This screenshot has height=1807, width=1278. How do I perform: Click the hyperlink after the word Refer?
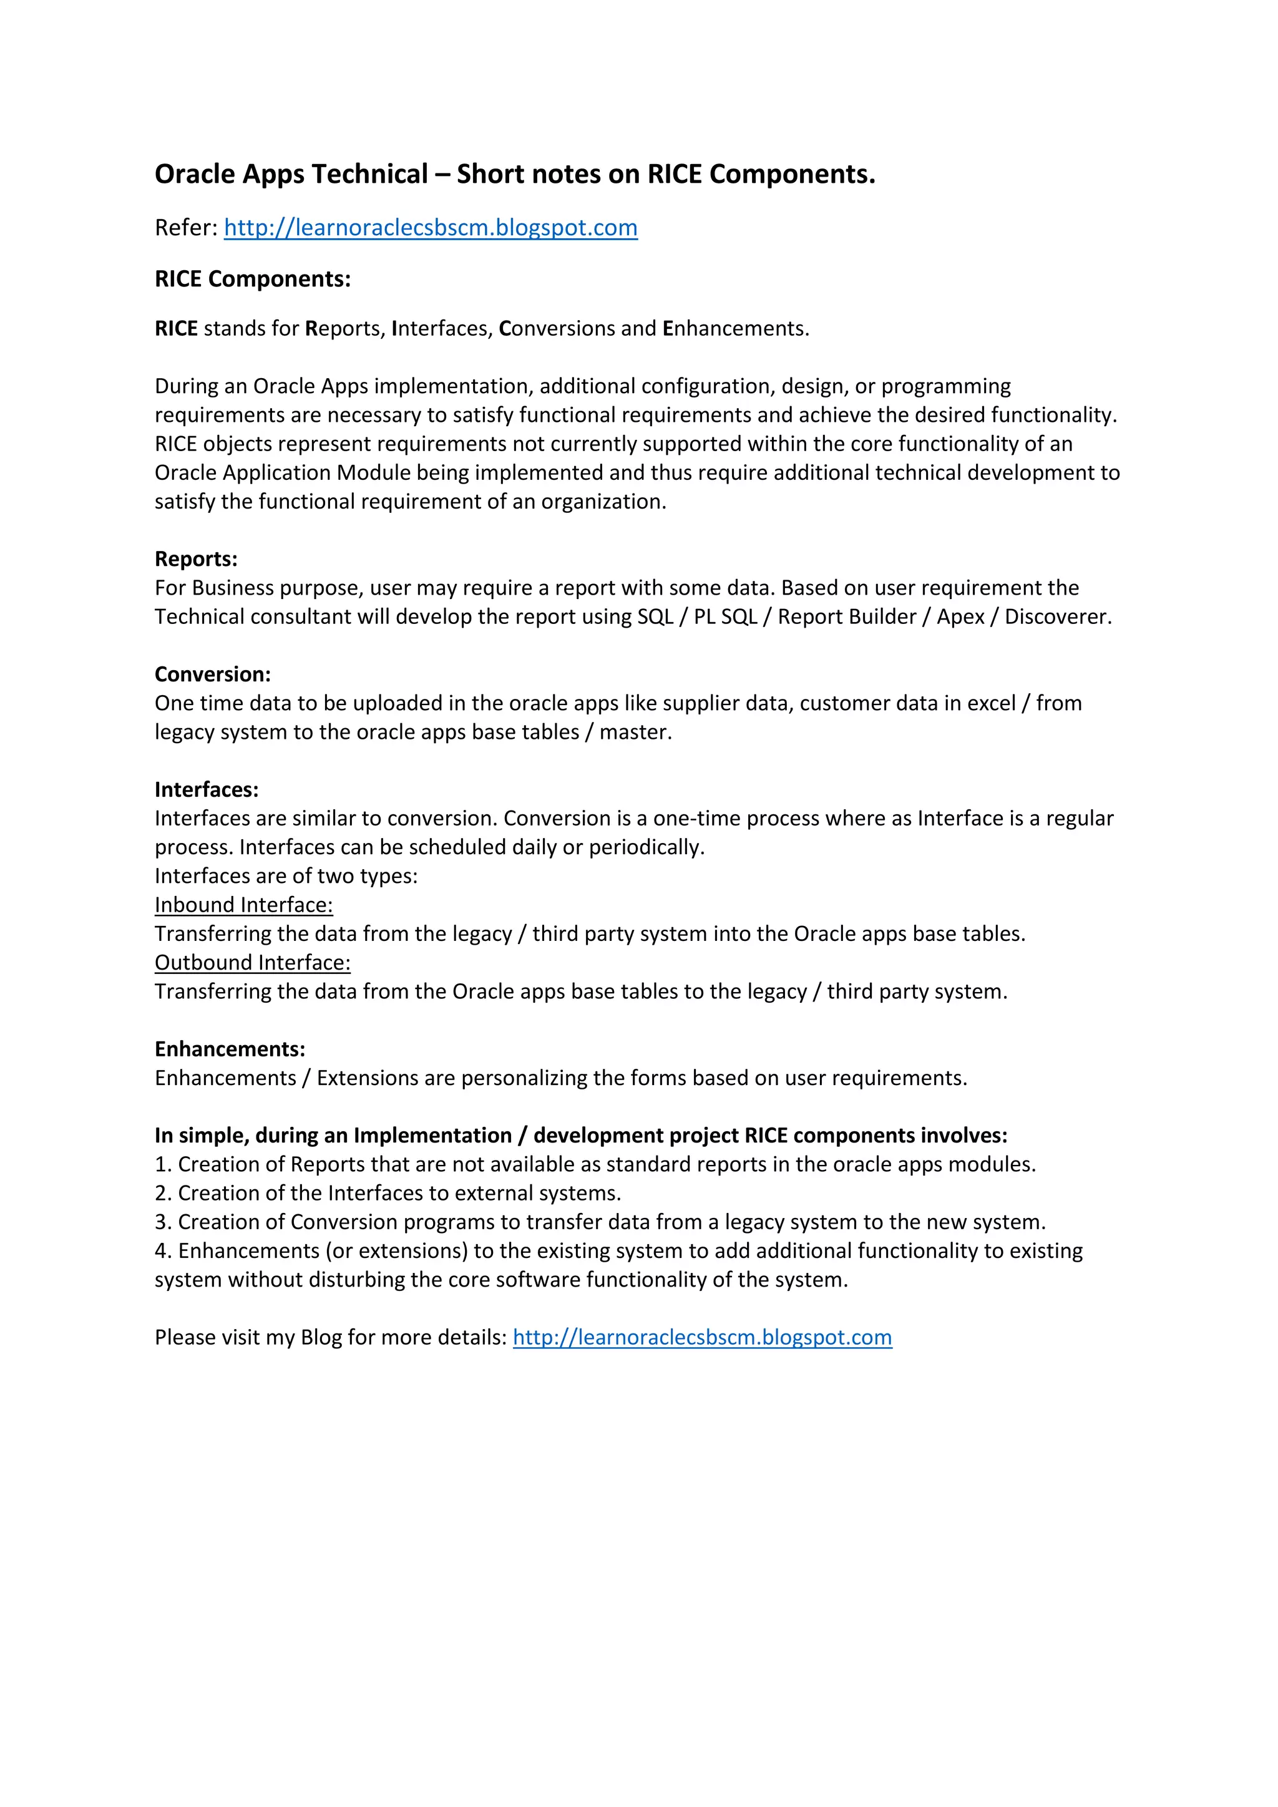coord(431,228)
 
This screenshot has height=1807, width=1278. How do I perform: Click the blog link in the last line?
coord(702,1337)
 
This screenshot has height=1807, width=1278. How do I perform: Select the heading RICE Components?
coord(253,280)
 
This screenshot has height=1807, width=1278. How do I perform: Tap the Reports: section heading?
coord(196,559)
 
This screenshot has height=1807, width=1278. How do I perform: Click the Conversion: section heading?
coord(212,675)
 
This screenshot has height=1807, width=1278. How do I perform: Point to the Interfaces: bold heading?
coord(206,789)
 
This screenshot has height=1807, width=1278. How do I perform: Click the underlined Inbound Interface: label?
coord(243,905)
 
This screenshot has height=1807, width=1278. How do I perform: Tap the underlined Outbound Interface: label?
coord(252,963)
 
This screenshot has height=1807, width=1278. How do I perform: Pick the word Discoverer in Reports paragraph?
coord(1057,617)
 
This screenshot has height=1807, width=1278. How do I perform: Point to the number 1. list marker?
coord(163,1165)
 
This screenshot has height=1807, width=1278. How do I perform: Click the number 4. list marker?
coord(163,1252)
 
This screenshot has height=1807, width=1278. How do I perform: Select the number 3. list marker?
coord(163,1222)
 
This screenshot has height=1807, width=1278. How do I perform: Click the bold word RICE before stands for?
coord(176,329)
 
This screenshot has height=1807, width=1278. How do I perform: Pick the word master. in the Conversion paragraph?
coord(635,732)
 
